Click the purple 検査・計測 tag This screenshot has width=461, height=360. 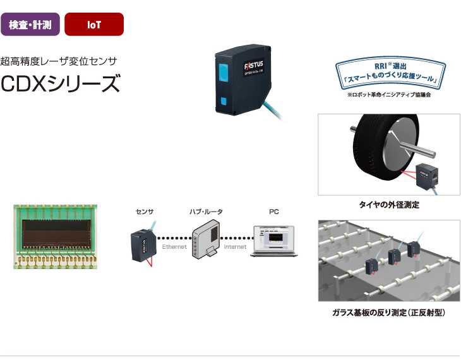[31, 24]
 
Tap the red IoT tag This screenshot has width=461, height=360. [94, 24]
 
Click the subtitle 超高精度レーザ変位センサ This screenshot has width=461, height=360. [60, 62]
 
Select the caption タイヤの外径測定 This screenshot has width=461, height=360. [389, 205]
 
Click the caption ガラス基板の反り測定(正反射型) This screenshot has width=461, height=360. [388, 312]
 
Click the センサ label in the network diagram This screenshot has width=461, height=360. [145, 212]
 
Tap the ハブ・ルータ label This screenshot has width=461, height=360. [206, 212]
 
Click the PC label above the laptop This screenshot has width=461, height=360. [274, 212]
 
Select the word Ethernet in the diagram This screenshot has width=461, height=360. [174, 247]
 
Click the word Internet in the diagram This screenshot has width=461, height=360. [235, 247]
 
